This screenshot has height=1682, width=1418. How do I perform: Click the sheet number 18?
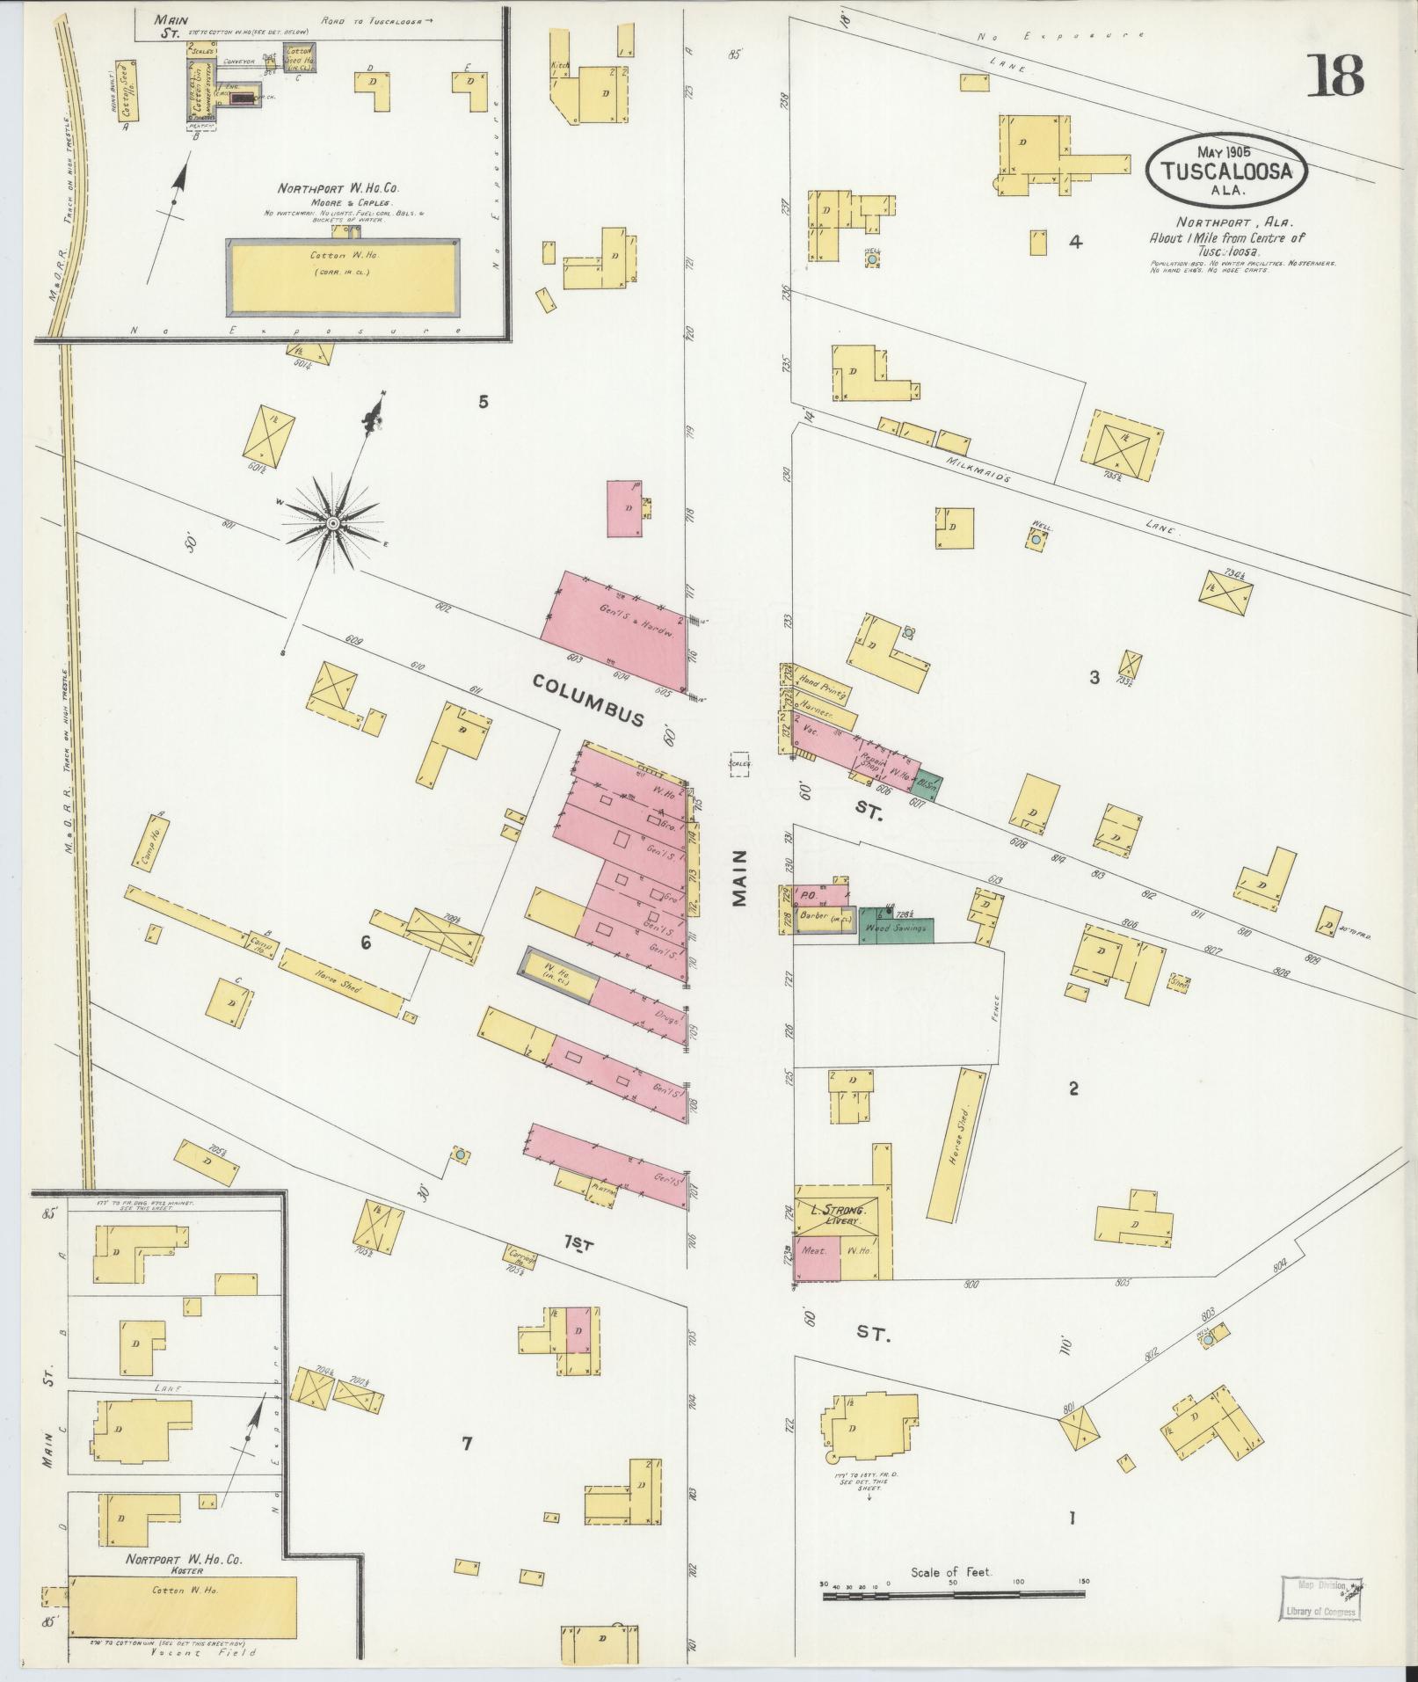(1335, 76)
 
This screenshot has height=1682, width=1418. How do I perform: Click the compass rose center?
(333, 524)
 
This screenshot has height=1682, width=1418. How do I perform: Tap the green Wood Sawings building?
(896, 926)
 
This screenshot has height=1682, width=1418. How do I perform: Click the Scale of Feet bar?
(956, 979)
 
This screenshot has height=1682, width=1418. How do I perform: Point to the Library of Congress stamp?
(1320, 982)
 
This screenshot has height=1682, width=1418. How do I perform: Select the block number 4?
(1074, 242)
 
